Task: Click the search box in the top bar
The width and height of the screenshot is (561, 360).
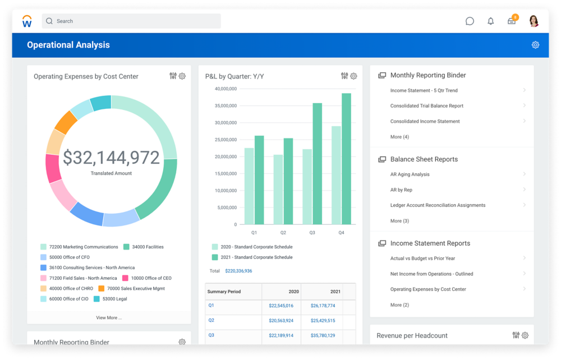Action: (x=131, y=21)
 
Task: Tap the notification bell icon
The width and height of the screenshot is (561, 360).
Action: (x=491, y=21)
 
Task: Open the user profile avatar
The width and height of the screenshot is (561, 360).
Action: (x=534, y=21)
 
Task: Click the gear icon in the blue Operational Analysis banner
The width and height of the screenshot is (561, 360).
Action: (x=535, y=45)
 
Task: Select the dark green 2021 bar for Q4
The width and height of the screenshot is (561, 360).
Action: (x=346, y=159)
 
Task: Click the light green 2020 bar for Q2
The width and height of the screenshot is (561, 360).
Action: (x=278, y=190)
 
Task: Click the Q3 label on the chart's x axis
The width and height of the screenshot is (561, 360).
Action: (x=312, y=232)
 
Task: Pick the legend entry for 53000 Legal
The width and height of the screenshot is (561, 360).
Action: (x=114, y=299)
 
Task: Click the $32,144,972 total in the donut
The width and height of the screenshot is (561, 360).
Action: (x=111, y=158)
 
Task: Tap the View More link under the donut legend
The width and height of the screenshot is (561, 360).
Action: (x=109, y=318)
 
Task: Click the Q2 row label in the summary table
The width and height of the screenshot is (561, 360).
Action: (x=211, y=320)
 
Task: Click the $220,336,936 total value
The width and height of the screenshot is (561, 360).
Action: (x=238, y=271)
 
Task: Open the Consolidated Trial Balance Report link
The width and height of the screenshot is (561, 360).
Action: (x=427, y=106)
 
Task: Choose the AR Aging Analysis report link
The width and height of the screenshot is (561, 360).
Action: (x=410, y=174)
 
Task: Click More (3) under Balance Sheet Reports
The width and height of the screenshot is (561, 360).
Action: (x=399, y=221)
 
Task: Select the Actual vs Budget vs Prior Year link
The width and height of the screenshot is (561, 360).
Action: (x=422, y=259)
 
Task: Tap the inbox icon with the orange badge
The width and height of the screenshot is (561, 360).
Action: (x=512, y=21)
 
